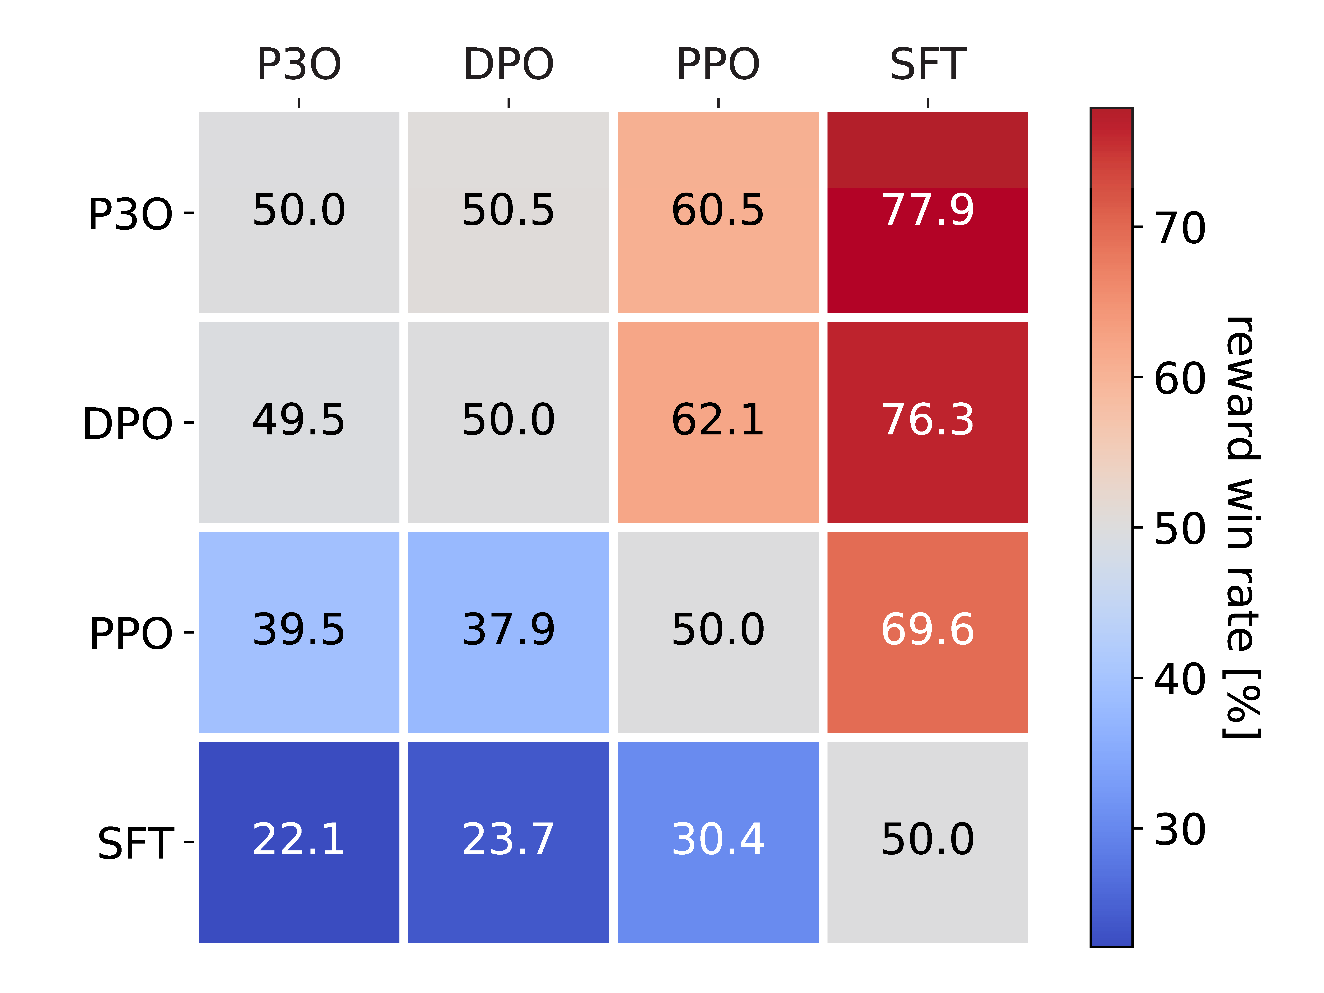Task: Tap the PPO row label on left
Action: coord(131,633)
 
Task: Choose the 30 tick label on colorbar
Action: coord(1179,830)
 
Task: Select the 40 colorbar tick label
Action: coord(1179,679)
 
